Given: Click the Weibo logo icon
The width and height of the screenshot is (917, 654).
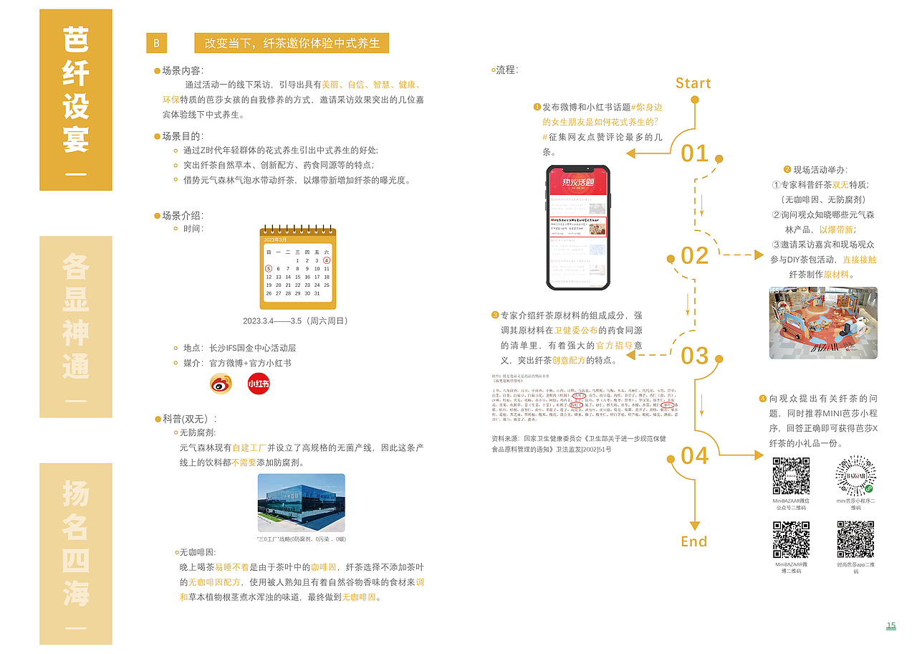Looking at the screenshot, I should coord(221,384).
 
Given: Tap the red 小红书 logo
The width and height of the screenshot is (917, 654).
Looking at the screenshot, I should coord(258,384).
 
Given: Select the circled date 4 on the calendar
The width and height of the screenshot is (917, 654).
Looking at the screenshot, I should coord(327,260).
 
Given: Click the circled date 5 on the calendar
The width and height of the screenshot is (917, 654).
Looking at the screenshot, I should coord(269,269).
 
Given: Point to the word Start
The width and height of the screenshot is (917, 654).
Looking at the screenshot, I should coord(693,83).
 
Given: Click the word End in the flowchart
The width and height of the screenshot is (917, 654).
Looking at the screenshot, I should coord(693,541).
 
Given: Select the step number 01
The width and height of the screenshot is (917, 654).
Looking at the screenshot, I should coord(694,153).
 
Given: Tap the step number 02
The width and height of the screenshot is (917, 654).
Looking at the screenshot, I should coord(694,255).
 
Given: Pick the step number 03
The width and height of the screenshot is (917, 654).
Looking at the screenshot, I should coord(694,356).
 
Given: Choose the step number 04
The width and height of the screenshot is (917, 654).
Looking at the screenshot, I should coord(694,455).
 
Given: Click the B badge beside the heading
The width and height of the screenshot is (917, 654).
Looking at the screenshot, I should coord(156,43).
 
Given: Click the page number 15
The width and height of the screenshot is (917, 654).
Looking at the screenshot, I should coord(890,626).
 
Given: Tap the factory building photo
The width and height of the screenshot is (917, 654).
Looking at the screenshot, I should coord(301,502).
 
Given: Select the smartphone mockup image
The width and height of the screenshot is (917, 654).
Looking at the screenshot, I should coord(577,227).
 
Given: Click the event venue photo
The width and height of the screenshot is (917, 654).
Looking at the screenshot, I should coord(823,323).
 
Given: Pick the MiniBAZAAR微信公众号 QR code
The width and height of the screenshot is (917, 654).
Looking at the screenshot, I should coord(791,475).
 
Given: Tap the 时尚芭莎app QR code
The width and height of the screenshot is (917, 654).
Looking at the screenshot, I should coord(855,539).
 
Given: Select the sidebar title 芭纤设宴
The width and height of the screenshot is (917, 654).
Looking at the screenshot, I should coord(76,90).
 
